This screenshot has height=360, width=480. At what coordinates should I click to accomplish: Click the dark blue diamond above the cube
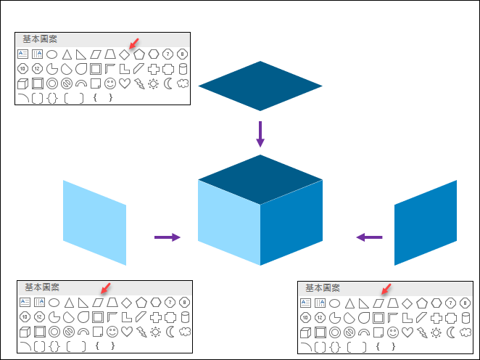tap(260, 86)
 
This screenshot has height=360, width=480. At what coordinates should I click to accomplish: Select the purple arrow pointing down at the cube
tap(260, 134)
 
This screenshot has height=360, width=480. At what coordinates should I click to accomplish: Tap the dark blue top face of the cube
tap(260, 179)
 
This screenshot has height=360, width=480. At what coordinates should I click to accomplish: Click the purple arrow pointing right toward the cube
tap(167, 237)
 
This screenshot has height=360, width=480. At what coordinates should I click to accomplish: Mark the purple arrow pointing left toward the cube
tap(370, 237)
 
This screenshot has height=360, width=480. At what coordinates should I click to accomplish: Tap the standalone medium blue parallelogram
tap(426, 222)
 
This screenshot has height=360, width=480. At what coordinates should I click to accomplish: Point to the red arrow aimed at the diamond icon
tap(131, 45)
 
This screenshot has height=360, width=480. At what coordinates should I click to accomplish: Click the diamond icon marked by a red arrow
tap(124, 54)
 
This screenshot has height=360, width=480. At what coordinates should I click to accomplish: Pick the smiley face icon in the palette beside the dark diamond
tap(109, 84)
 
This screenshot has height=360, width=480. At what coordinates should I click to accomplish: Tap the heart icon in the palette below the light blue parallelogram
tap(126, 332)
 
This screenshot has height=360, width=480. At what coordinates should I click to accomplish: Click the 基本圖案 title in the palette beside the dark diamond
tap(40, 39)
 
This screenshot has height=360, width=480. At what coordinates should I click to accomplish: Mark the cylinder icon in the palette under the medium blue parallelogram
tap(464, 317)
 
